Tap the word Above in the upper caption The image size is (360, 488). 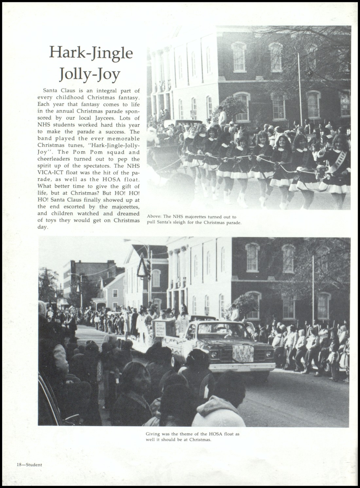[153, 217]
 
